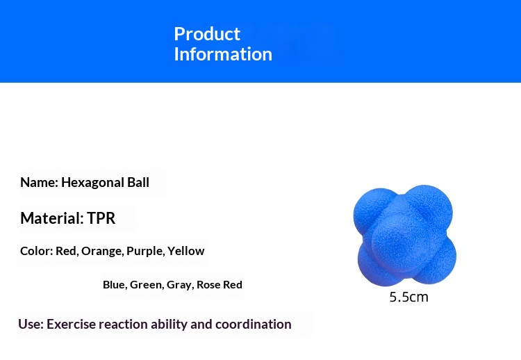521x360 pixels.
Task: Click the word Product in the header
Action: pos(207,34)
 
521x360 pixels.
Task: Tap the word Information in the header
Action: pos(223,54)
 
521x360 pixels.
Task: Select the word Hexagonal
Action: pos(92,183)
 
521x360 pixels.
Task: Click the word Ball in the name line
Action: pos(138,182)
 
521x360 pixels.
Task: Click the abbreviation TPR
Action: pos(101,218)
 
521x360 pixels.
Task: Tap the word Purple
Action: pos(146,252)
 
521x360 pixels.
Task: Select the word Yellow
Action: pos(185,251)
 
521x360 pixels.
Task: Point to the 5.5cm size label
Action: pos(408,297)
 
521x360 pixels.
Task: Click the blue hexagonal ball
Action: pos(405,236)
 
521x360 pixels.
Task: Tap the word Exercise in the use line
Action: pos(71,324)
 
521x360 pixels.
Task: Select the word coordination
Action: pos(253,324)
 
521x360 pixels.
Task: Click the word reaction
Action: pos(123,324)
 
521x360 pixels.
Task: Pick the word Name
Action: pos(39,183)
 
